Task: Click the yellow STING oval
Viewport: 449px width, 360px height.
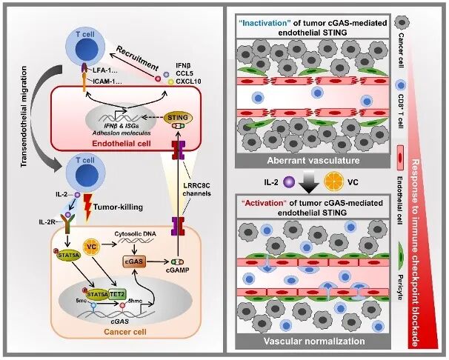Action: click(178, 118)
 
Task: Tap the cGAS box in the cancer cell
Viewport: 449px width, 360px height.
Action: click(133, 261)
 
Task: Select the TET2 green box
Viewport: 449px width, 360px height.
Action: click(117, 294)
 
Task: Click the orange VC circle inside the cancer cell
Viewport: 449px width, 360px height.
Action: click(91, 246)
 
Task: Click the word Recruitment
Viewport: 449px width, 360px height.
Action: click(137, 58)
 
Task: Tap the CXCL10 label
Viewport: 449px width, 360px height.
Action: click(188, 81)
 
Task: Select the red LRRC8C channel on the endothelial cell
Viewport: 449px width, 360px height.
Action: click(178, 150)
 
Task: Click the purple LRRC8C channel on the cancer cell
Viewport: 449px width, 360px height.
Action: click(178, 227)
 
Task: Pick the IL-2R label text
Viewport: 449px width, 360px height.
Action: click(47, 221)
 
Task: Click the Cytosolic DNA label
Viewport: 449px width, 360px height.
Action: click(136, 233)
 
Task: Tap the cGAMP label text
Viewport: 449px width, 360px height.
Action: click(178, 270)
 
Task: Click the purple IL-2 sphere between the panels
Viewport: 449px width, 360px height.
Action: click(288, 182)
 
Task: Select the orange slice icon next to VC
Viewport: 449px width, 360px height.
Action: click(334, 182)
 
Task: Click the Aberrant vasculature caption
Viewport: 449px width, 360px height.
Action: click(313, 160)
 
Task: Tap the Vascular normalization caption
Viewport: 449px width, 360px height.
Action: click(314, 341)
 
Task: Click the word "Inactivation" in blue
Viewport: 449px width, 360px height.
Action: click(262, 23)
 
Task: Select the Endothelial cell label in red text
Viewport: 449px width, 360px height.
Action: click(122, 143)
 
